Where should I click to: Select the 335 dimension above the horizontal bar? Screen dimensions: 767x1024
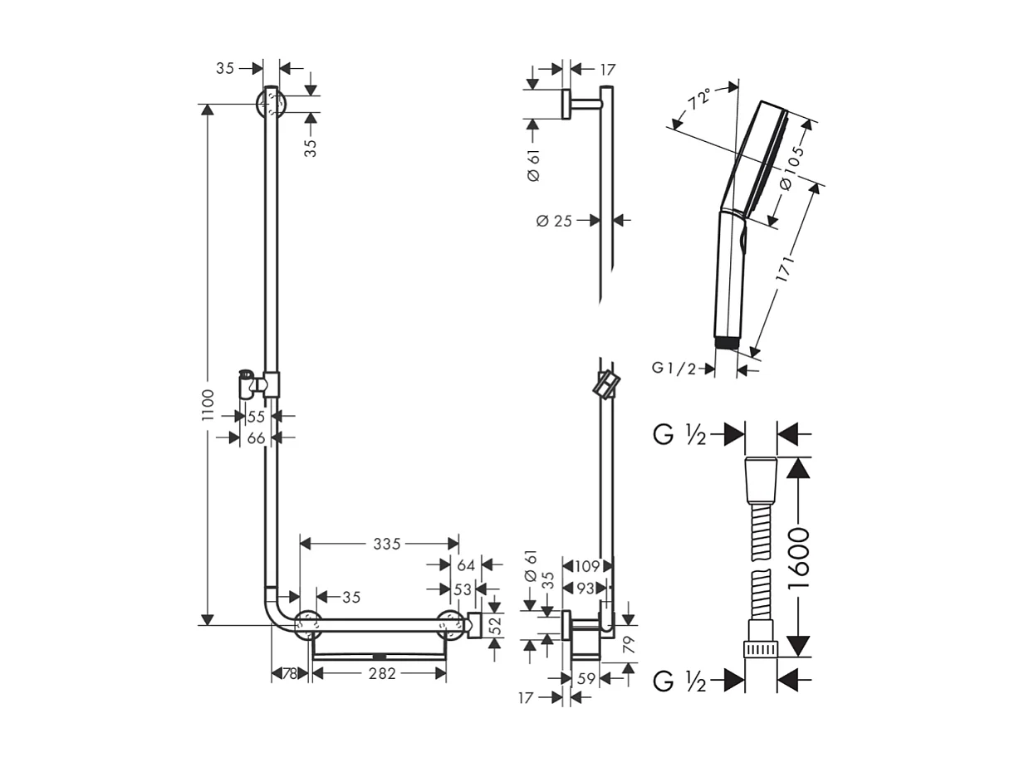[386, 545]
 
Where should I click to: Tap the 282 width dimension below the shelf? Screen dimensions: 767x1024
[381, 674]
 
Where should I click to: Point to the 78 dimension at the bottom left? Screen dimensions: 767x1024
[289, 674]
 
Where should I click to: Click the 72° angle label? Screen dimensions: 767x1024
[699, 102]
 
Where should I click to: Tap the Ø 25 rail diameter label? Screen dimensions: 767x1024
[554, 221]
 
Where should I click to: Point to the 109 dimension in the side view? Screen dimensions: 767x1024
[587, 566]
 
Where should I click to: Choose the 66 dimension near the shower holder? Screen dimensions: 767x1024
[255, 437]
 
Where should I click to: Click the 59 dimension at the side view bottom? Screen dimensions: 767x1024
[586, 679]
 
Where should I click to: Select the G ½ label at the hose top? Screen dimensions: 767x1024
[679, 434]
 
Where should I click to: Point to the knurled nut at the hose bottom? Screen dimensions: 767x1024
[760, 647]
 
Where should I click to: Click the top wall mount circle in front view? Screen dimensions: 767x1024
[271, 105]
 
